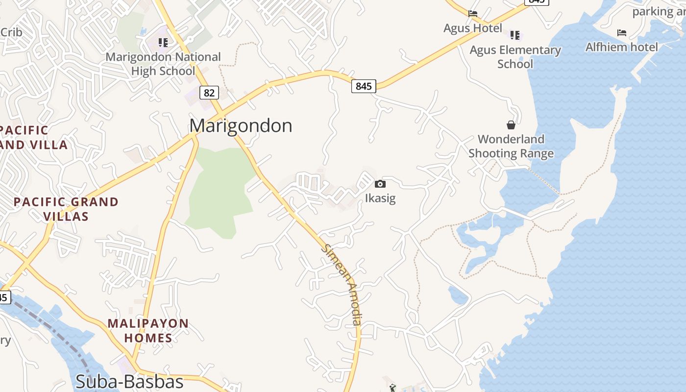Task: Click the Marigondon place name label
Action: (241, 126)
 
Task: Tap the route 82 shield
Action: (209, 92)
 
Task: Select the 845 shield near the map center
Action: (363, 86)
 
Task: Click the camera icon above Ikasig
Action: (380, 184)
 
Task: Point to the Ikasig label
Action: (380, 198)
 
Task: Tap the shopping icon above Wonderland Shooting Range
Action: (511, 125)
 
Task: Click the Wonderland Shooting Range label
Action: (511, 146)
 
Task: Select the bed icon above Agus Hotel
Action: (472, 14)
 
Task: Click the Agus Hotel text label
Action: (472, 28)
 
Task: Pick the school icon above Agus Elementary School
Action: (514, 35)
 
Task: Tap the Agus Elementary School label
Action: (515, 57)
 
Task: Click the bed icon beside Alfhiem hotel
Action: (622, 33)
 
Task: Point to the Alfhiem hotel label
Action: (622, 47)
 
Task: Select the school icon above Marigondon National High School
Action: (163, 43)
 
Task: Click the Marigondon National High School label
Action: (163, 64)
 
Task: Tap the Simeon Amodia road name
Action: (343, 285)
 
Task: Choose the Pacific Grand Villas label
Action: (66, 209)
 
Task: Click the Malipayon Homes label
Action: (148, 330)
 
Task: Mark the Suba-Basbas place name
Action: (129, 382)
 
